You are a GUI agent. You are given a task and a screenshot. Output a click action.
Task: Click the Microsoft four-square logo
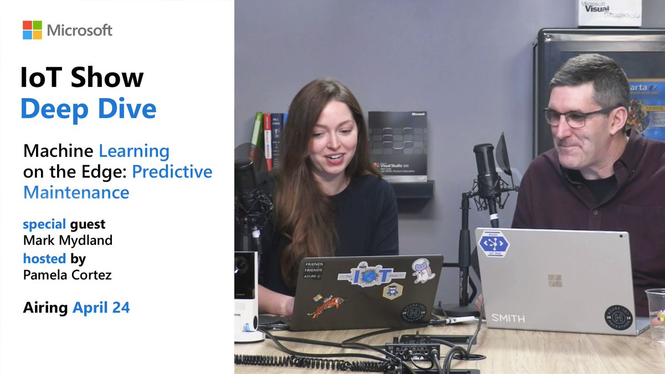(x=32, y=30)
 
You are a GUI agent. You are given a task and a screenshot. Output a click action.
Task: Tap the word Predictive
(x=172, y=172)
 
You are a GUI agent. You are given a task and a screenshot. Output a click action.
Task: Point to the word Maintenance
(x=76, y=192)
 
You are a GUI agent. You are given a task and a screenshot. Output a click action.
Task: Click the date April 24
(x=101, y=308)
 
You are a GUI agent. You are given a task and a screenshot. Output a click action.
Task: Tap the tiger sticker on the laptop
(x=327, y=305)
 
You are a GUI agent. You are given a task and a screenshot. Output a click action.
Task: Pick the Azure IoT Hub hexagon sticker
(x=494, y=243)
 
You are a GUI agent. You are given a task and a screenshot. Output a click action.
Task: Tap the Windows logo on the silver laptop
(x=555, y=280)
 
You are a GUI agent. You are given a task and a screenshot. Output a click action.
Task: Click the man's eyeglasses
(x=576, y=116)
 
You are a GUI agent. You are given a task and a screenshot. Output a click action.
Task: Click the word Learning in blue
(x=134, y=151)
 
